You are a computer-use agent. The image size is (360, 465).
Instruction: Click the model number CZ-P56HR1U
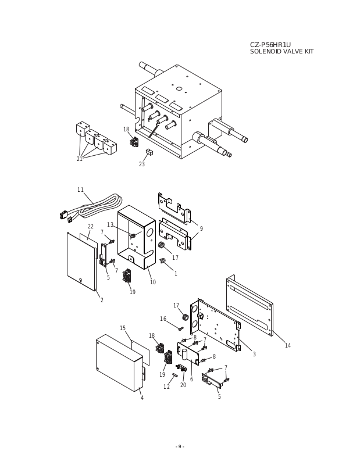coord(270,45)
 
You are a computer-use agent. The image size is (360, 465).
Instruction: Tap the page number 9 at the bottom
coord(180,446)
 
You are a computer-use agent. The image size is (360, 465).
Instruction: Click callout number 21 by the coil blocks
coord(80,159)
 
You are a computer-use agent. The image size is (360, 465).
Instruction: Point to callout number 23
coord(141,164)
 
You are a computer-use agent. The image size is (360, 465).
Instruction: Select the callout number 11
coord(80,190)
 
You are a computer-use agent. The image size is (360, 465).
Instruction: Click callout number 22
coord(90,227)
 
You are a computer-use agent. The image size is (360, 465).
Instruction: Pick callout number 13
coord(110,225)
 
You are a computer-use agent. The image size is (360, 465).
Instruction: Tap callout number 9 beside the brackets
coord(201,229)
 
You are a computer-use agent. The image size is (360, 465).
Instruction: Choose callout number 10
coord(152,282)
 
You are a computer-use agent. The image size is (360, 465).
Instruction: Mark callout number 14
coord(287,346)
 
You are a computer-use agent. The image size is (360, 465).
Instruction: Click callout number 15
coord(123,328)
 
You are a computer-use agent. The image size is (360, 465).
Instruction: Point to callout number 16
coord(163,319)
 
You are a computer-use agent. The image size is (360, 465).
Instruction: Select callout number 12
coord(166,387)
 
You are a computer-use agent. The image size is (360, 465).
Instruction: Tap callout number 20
coord(183,385)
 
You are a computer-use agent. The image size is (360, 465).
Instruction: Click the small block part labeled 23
coord(149,152)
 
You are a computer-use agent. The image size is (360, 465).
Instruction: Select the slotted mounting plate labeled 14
coord(250,305)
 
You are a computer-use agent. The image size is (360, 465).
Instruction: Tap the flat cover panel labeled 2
coord(80,262)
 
